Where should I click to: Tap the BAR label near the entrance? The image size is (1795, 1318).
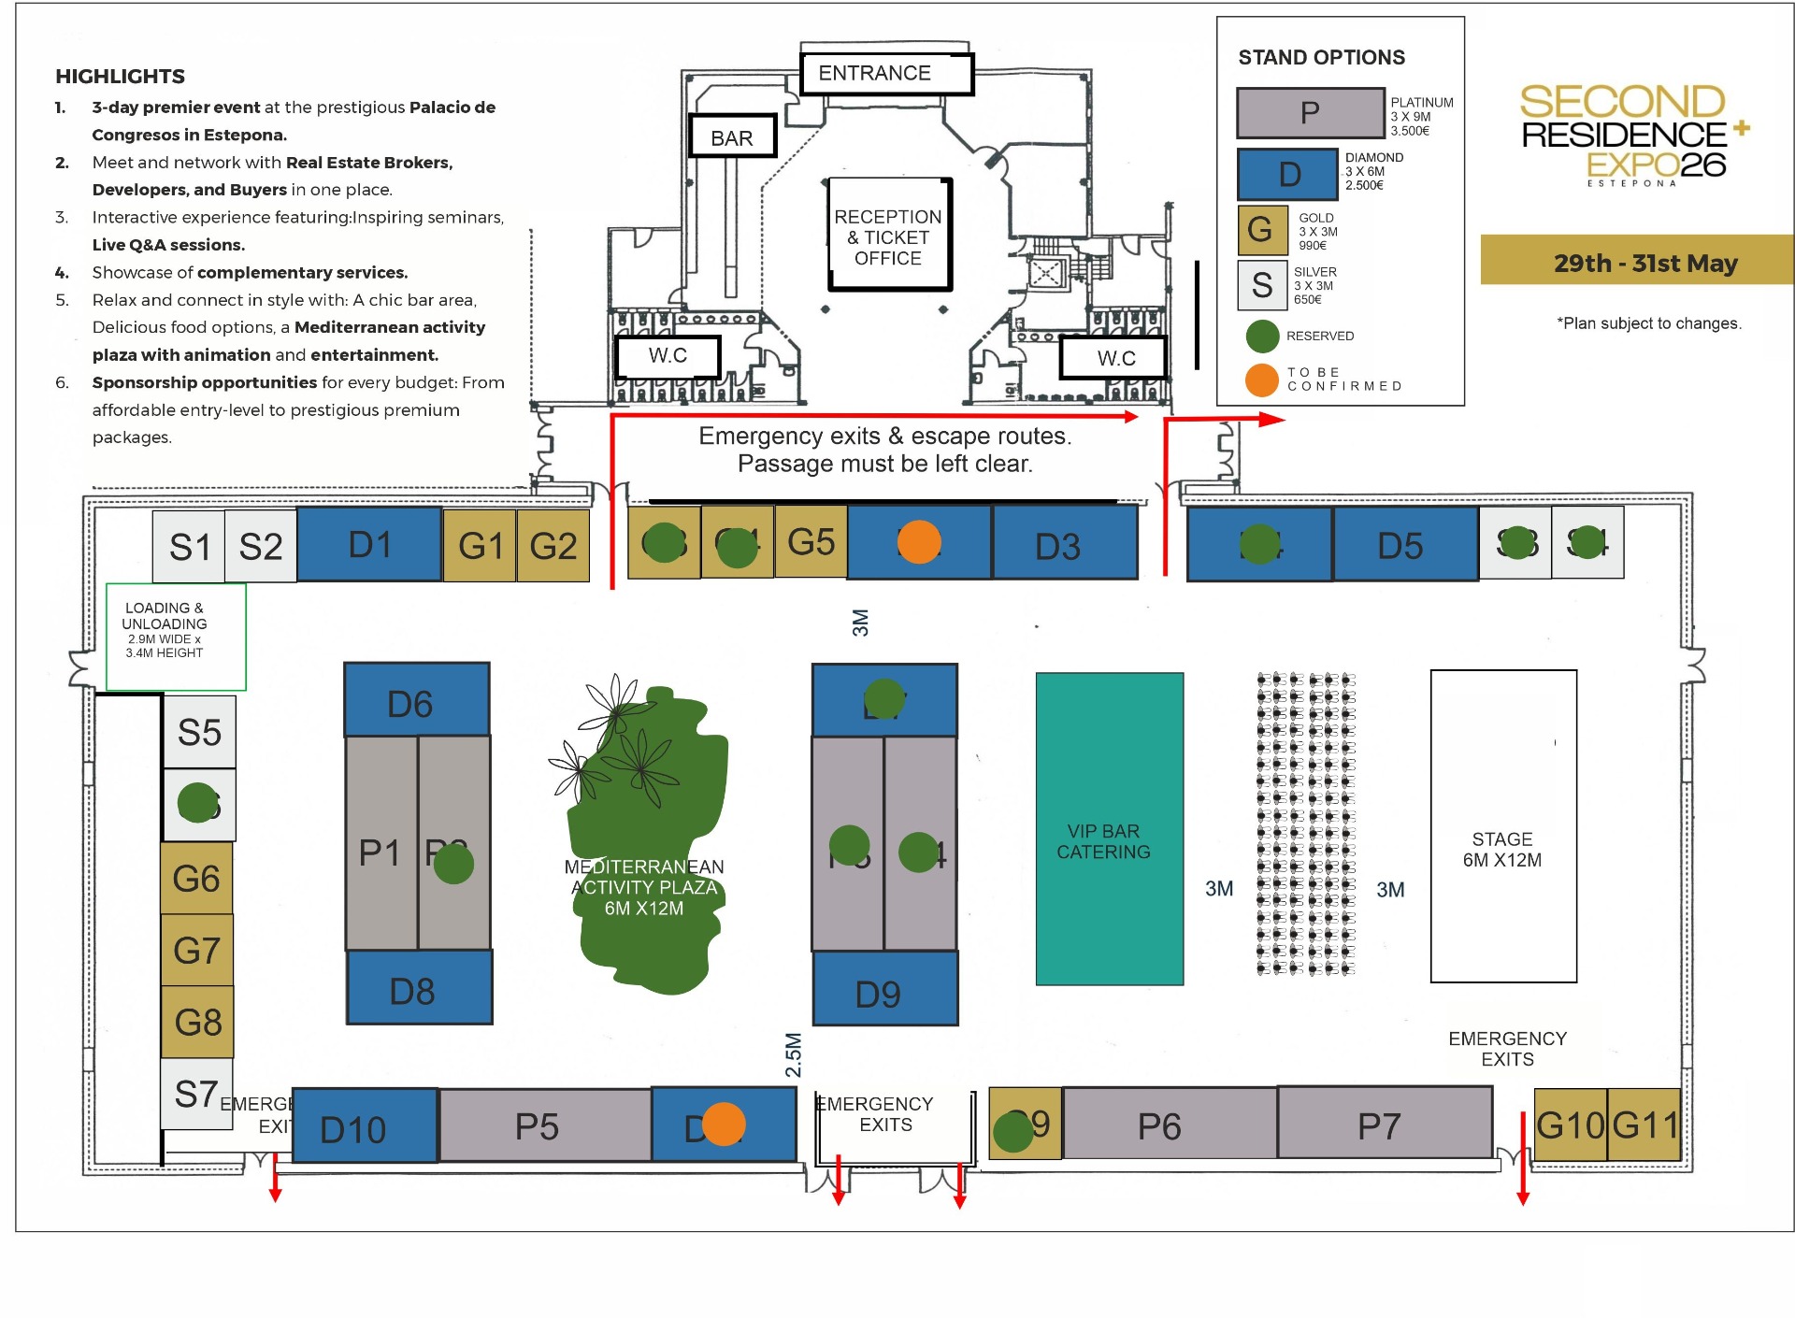732,137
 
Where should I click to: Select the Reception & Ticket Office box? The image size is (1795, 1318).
888,236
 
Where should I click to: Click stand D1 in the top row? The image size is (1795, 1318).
369,544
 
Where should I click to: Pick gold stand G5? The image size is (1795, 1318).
811,541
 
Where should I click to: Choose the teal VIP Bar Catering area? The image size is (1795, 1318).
1109,829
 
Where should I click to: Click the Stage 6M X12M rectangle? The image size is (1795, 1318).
1502,826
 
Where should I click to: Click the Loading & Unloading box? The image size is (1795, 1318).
176,637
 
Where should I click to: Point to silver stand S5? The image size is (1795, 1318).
199,732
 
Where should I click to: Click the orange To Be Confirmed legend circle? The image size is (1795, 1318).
1261,380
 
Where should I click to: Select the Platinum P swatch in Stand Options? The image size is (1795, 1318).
1310,113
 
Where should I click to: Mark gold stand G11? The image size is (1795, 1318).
1644,1125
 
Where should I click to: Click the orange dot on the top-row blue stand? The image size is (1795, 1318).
919,542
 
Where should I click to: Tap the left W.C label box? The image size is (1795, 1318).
668,356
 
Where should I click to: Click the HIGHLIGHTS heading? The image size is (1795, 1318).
120,77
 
